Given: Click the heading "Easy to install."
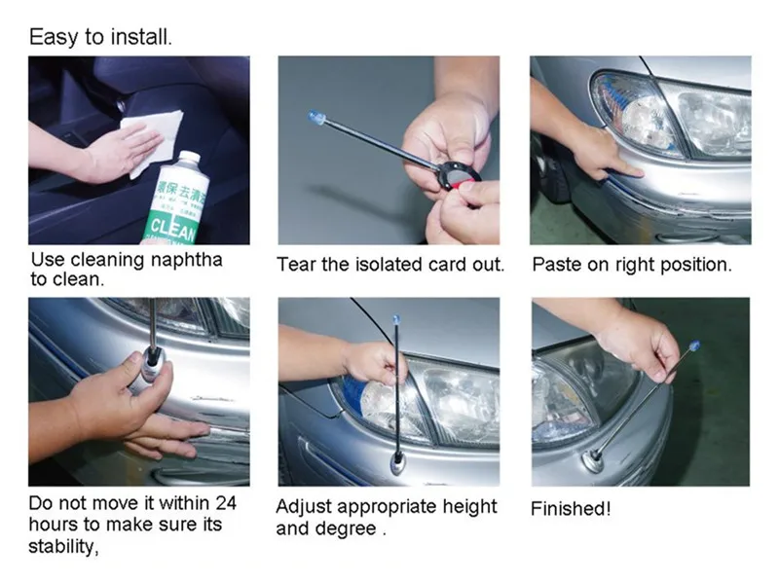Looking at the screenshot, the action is coord(101,37).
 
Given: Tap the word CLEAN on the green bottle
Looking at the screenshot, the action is coord(173,229).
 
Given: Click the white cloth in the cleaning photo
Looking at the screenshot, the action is coord(153,140).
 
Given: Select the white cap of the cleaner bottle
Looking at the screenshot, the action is coord(183,161).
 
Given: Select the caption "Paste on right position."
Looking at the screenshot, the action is coord(632,265).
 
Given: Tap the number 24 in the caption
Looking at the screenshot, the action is coord(226,503).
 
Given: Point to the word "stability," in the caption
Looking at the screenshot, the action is coord(63,546).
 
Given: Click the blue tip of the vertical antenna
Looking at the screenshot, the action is coord(396,319).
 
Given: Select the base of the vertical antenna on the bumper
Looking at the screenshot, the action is coord(398,462).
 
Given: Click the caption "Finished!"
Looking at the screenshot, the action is coord(571,509).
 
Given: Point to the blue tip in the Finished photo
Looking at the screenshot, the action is coord(693,346).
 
